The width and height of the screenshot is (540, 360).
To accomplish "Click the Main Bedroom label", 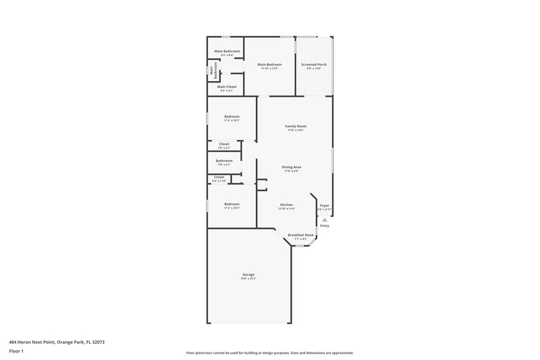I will (x=269, y=65).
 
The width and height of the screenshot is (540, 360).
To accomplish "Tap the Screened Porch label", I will (x=315, y=65).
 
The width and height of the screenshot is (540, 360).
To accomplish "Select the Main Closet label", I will (x=227, y=86).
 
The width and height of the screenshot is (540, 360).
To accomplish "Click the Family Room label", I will (x=296, y=126).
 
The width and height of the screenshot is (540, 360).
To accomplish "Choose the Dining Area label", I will (x=292, y=167).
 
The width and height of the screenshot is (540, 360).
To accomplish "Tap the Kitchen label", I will (x=286, y=204).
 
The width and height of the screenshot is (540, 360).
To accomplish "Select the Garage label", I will (x=248, y=274).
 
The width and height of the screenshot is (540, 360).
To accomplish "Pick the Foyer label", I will (x=325, y=205).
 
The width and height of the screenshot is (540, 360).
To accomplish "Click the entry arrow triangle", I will (x=325, y=219).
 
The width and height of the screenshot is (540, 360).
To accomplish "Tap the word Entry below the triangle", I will (x=325, y=226).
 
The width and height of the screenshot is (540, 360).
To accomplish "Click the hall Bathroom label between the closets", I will (x=224, y=161).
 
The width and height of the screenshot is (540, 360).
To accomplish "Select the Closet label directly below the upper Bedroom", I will (x=224, y=144).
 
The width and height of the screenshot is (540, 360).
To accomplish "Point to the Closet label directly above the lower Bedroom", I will (x=219, y=177).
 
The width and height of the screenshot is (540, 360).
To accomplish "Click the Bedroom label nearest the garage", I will (x=232, y=204).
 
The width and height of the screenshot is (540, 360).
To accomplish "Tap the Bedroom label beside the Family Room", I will (x=232, y=117).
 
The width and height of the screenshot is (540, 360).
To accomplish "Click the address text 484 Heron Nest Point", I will (x=57, y=342).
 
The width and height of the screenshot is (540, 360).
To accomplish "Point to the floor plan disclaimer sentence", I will (x=269, y=353).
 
